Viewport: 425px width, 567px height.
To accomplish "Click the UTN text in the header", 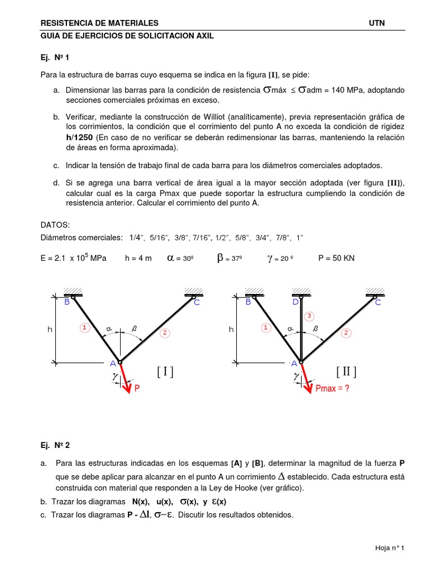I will click(x=376, y=23).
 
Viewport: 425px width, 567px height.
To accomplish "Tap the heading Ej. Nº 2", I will click(x=55, y=445).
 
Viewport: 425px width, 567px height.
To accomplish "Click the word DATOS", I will click(x=55, y=225).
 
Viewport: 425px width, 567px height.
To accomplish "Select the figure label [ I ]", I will click(x=165, y=372).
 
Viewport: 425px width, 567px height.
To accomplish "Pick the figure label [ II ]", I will click(x=346, y=372).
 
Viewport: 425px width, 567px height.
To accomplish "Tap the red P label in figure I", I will click(x=137, y=389).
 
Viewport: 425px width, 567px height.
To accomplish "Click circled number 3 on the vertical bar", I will click(x=310, y=316).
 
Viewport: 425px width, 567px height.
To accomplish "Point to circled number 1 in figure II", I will click(x=266, y=328).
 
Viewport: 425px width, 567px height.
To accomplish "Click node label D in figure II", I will click(x=296, y=302).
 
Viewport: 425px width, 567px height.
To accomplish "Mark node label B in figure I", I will click(x=67, y=302).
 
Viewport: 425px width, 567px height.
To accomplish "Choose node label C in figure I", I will click(x=196, y=303).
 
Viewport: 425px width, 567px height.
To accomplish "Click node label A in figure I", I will click(x=112, y=364).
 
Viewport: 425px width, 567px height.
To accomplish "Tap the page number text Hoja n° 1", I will click(x=390, y=548).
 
